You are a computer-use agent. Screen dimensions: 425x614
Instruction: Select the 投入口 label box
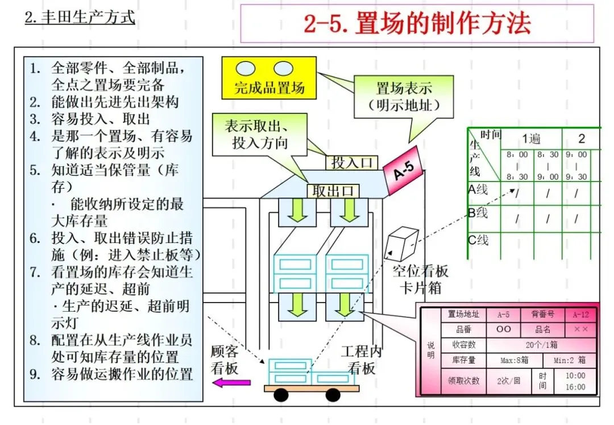coord(352,163)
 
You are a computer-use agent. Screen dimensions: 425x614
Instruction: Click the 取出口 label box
coord(333,191)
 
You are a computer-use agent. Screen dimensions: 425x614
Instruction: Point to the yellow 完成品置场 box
coord(269,78)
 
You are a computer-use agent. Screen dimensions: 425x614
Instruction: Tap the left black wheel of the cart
coord(281,395)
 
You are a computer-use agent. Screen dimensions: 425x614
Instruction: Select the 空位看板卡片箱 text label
coord(421,279)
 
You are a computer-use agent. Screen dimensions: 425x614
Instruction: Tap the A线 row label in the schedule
coord(478,189)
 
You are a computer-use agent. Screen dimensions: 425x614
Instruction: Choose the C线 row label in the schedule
coord(478,240)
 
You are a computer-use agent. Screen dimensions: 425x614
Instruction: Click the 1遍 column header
coord(531,138)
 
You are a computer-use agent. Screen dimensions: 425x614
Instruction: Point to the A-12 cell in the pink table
coord(581,314)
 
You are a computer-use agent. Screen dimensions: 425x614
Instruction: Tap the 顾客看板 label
coord(225,360)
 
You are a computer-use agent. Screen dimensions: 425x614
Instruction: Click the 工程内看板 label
coord(361,360)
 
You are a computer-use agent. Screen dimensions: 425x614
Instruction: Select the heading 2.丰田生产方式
coord(80,17)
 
